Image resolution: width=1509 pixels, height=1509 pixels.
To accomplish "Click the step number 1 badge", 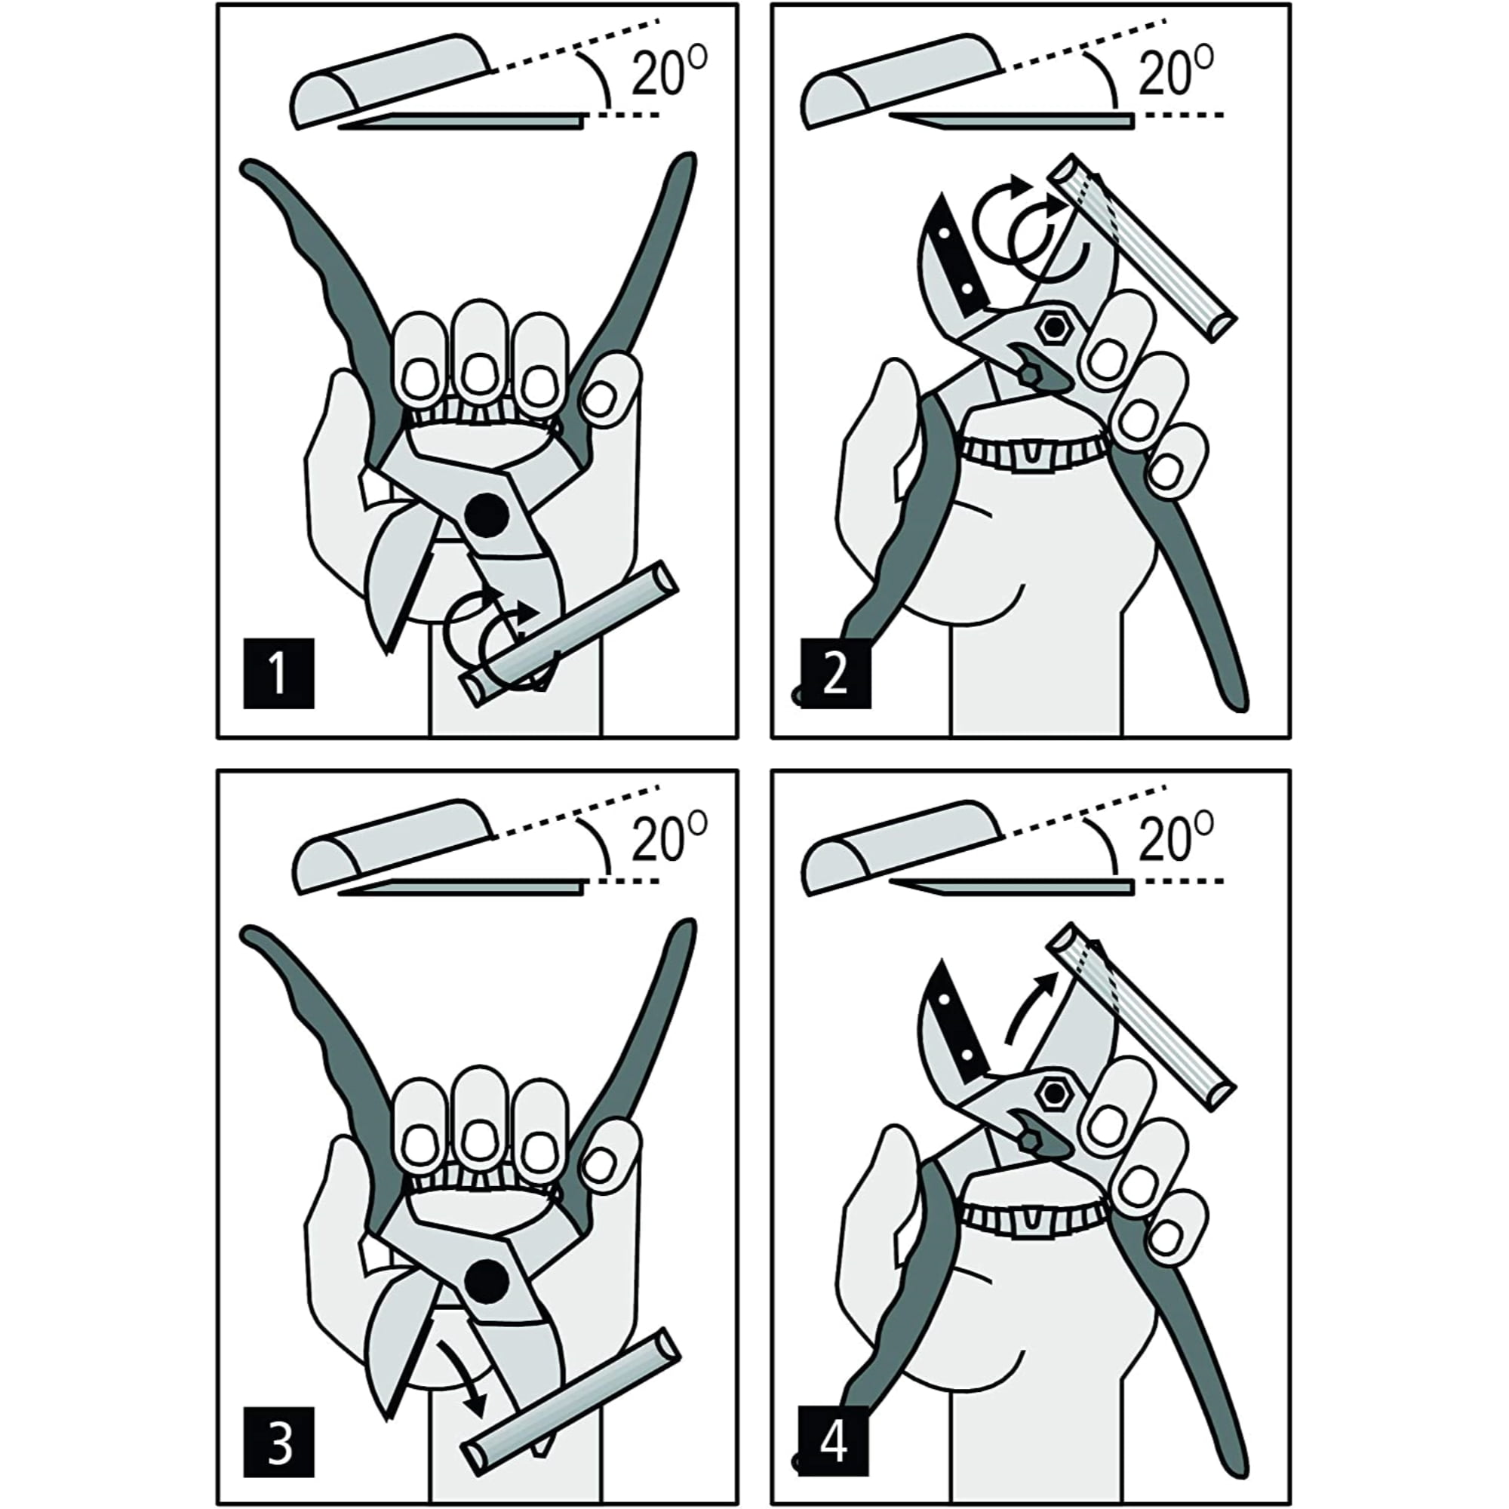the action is coord(278,673).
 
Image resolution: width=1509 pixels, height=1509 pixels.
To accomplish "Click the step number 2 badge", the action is coord(836,673).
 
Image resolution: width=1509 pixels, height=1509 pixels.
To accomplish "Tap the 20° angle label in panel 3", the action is coord(668,837).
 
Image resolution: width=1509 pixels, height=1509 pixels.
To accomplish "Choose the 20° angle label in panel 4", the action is coord(1176,837).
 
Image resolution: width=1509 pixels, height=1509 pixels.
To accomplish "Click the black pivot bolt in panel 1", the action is coord(487,515).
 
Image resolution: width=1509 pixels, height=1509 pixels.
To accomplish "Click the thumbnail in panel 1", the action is coord(598,398).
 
